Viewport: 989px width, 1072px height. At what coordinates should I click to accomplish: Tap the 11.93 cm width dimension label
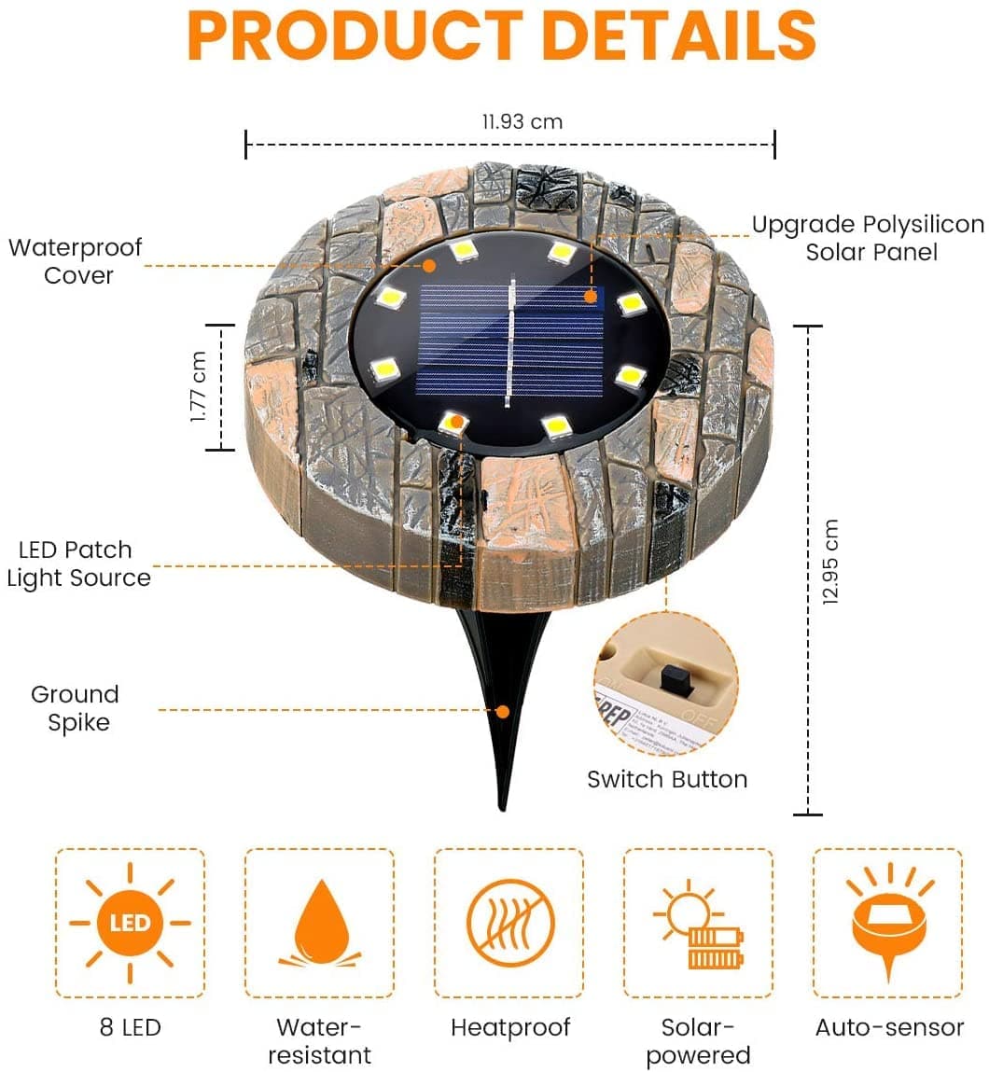point(522,121)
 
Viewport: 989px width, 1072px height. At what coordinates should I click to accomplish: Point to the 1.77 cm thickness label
point(199,386)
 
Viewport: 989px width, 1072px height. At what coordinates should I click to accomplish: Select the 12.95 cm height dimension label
point(831,562)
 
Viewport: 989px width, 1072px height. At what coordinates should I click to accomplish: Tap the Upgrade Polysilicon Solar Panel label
point(868,238)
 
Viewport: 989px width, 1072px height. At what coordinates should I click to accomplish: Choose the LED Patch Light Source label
point(77,564)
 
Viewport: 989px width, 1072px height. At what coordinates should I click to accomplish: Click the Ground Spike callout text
point(76,708)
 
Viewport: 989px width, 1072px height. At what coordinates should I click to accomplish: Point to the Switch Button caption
point(667,779)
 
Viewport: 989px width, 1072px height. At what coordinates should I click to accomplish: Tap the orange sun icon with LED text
point(130,924)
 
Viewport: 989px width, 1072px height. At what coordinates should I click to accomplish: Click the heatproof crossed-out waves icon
point(510,923)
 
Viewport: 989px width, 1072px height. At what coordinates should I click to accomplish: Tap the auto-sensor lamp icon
point(887,922)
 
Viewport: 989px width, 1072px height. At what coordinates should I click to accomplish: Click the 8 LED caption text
point(131,1027)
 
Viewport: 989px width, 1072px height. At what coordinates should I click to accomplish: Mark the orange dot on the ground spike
point(503,711)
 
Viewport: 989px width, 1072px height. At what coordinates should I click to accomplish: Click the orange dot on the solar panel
point(591,297)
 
